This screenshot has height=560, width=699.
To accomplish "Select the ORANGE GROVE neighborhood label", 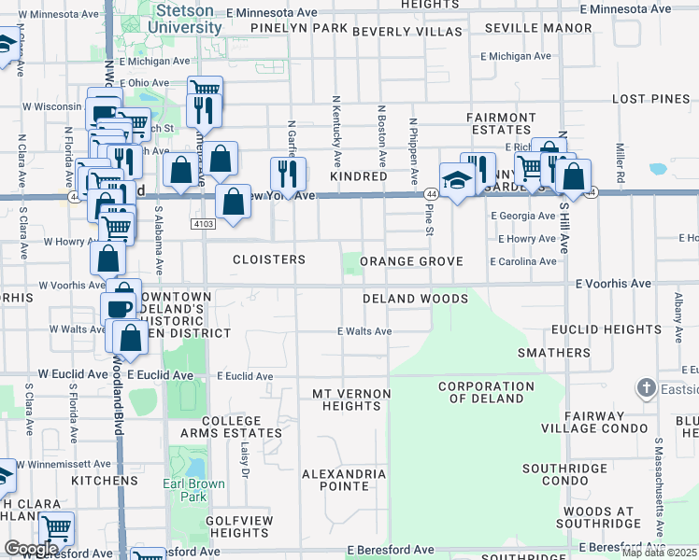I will point(411,261).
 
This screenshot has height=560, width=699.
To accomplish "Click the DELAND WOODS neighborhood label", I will point(416,299).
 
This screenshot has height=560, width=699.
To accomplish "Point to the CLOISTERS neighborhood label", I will point(268,259).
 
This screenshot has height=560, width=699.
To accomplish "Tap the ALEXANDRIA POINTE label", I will point(344,480).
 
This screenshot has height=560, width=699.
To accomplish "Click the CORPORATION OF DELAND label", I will point(486,392).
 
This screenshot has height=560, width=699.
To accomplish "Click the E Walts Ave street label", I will point(364,331).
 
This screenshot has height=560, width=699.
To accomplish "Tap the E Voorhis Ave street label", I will point(613,283).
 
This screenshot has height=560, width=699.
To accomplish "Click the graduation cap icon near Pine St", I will point(456,179).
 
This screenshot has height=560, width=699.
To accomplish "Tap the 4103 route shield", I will point(203,224).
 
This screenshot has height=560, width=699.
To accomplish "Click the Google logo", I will point(31,549).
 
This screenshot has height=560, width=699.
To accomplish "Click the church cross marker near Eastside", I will point(645,387).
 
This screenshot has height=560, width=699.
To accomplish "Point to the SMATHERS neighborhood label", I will point(554,354).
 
